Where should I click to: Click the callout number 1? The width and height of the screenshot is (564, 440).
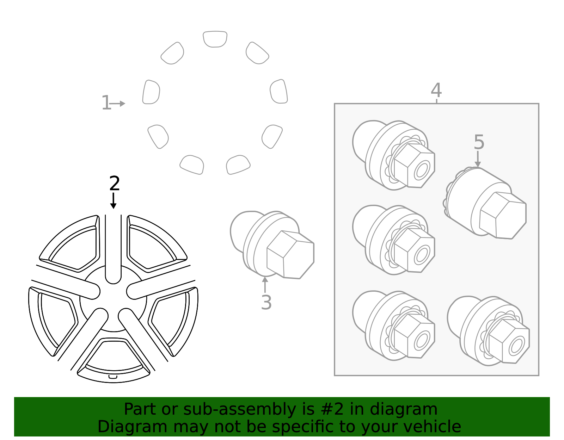[x=106, y=103]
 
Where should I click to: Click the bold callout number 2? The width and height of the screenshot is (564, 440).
[x=115, y=184]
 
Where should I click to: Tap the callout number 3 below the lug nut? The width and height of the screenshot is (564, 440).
[x=266, y=303]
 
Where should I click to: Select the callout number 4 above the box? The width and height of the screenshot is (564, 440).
[x=436, y=91]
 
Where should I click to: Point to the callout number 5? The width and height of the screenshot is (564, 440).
[x=479, y=142]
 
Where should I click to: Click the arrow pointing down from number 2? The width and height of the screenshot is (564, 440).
[x=113, y=201]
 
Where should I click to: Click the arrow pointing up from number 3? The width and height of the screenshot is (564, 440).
[x=265, y=285]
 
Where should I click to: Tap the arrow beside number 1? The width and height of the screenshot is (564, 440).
[x=118, y=104]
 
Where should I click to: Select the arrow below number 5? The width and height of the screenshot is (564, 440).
[x=478, y=160]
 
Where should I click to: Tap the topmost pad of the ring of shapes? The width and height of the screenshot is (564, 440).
[x=215, y=39]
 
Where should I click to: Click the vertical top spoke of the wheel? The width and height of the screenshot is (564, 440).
[x=113, y=247]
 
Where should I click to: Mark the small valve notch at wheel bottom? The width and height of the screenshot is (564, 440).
[x=113, y=377]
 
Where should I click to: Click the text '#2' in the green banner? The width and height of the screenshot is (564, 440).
[x=333, y=409]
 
